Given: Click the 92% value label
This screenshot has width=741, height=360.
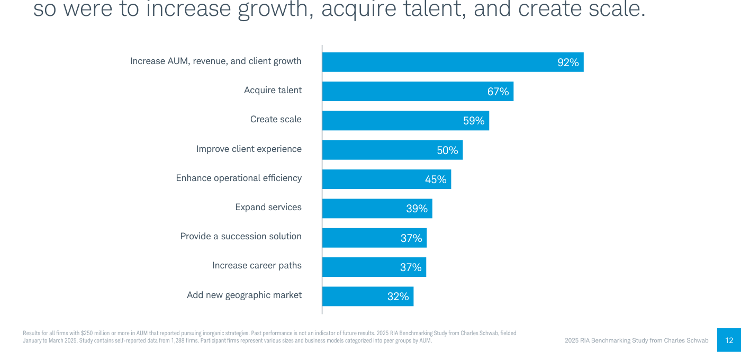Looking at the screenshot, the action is [568, 62].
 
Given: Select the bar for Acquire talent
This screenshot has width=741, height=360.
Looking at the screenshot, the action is [418, 91].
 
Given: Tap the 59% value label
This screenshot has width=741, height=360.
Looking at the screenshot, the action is [474, 121].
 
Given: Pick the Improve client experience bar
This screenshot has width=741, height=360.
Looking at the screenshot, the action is [393, 150].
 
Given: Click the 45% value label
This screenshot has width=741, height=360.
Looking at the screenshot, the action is [436, 179].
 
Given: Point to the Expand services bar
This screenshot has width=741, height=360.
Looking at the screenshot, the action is [377, 209].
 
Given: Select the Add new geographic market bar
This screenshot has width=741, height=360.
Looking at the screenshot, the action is [368, 296].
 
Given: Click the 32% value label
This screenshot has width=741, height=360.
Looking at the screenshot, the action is [398, 296].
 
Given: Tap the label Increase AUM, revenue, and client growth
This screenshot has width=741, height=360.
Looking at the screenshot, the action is [216, 61].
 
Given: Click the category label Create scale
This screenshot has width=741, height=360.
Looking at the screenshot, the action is [276, 119].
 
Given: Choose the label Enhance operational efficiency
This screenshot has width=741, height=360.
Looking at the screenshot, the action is [239, 178].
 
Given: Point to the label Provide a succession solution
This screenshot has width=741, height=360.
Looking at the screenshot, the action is [241, 236].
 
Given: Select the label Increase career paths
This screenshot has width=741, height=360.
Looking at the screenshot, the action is [257, 266].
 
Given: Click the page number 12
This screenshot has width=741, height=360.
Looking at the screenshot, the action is [729, 340].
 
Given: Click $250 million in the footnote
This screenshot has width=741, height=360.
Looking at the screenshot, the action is [95, 333].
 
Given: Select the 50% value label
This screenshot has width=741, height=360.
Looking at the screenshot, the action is [447, 150].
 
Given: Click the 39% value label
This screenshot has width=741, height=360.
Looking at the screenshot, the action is [417, 209].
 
